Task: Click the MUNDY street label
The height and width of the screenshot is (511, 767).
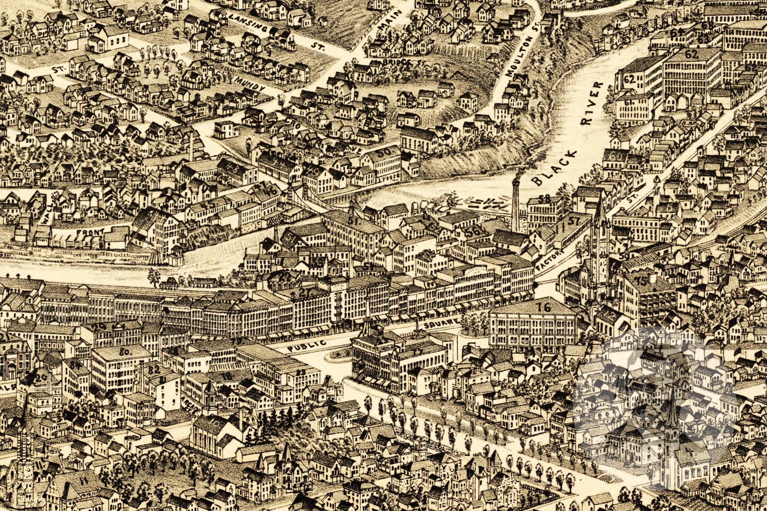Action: [x=249, y=83]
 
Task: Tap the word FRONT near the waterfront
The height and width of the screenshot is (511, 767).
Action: [x=90, y=233]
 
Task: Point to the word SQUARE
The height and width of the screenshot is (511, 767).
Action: [x=439, y=324]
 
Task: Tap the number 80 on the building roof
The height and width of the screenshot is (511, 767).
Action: [x=125, y=352]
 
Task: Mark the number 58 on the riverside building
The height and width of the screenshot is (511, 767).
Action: [x=544, y=198]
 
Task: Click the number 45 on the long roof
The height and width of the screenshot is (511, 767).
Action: [x=209, y=205]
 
